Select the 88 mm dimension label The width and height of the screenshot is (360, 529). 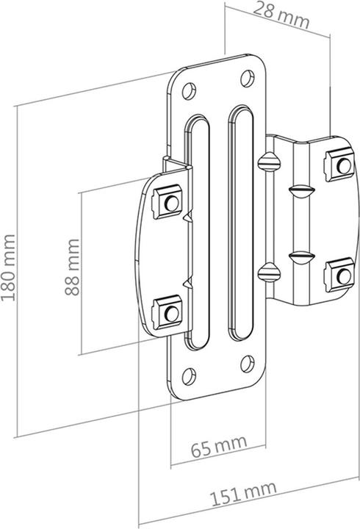72,266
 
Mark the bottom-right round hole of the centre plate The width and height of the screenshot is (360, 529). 247,361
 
